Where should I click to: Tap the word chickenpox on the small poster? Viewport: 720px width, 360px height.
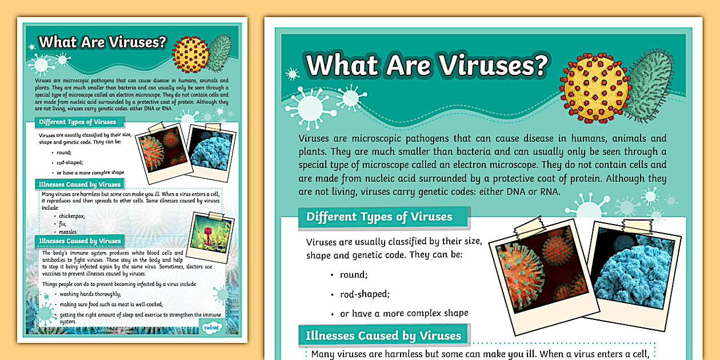72,217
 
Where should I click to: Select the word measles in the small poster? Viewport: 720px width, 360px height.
70,231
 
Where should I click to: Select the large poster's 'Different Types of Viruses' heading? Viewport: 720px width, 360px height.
379,217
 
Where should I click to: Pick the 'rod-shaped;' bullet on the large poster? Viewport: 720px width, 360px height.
365,294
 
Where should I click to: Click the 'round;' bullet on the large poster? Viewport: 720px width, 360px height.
352,275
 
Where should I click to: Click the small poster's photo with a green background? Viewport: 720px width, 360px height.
213,233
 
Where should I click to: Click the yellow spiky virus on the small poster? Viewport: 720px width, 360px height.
191,54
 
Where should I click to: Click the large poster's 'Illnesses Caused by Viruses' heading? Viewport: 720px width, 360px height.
383,335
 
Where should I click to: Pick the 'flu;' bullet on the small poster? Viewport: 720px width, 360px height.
62,224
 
